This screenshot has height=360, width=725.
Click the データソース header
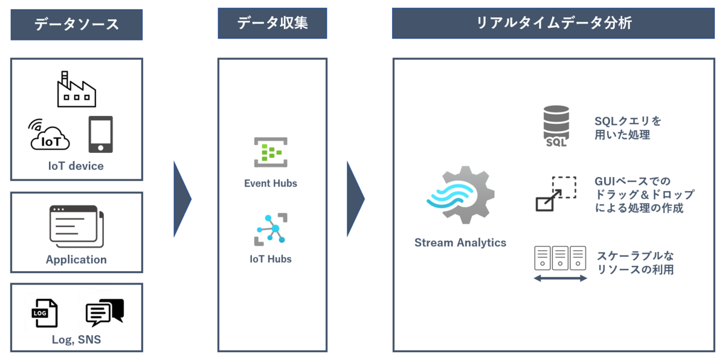(x=76, y=25)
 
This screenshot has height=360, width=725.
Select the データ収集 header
(x=272, y=24)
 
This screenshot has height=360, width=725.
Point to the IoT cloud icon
(x=49, y=135)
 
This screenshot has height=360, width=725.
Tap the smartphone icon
(x=100, y=134)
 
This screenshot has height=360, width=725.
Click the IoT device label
(x=76, y=166)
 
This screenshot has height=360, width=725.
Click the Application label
(x=76, y=260)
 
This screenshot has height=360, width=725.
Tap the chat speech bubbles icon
(x=104, y=312)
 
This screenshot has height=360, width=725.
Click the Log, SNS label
(x=76, y=340)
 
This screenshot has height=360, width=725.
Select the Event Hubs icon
(x=271, y=152)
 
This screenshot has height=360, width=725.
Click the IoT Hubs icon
(x=271, y=230)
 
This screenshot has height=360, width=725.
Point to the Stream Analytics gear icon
(x=460, y=195)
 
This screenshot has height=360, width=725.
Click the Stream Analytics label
(x=460, y=243)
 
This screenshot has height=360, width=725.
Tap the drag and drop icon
(x=556, y=194)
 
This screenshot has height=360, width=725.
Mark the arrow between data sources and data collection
(x=182, y=199)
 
